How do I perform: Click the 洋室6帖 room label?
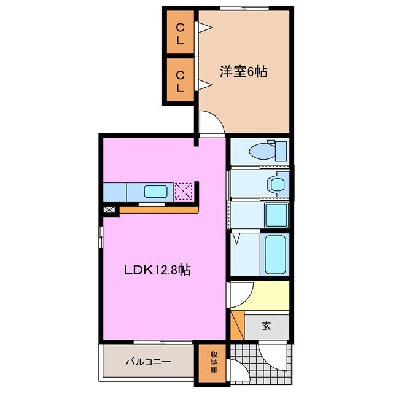(x=244, y=71)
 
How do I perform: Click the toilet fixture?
(x=271, y=150)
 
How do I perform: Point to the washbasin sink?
(x=278, y=182)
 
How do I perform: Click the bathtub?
(x=274, y=254)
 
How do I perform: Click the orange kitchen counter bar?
(x=158, y=209)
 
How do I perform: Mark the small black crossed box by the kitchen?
(x=109, y=210)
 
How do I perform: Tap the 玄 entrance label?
(x=267, y=325)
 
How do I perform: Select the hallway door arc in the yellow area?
(x=241, y=293)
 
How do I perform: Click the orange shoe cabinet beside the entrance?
(x=236, y=325)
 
